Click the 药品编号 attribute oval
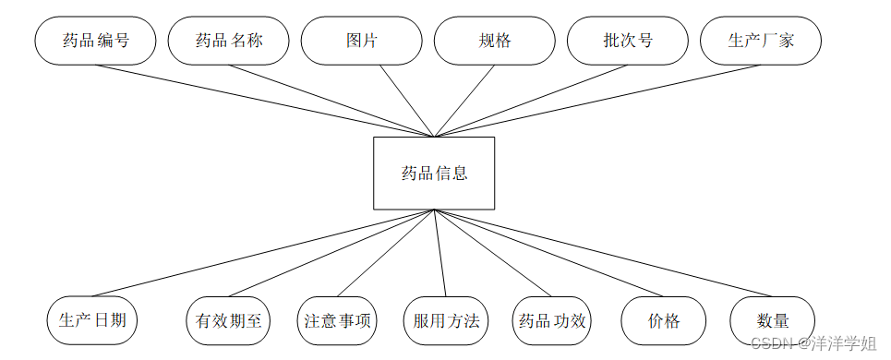pyautogui.click(x=95, y=41)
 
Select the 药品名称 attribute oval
pyautogui.click(x=228, y=41)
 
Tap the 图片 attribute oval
pyautogui.click(x=362, y=41)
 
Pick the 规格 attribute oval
pyautogui.click(x=495, y=41)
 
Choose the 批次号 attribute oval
pyautogui.click(x=628, y=41)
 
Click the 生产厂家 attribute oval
pyautogui.click(x=761, y=41)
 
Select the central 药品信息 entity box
pyautogui.click(x=433, y=173)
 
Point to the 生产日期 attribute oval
pyautogui.click(x=92, y=320)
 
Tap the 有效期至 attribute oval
pyautogui.click(x=229, y=320)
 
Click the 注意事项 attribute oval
pyautogui.click(x=338, y=320)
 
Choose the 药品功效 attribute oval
pyautogui.click(x=552, y=320)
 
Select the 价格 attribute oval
pyautogui.click(x=664, y=320)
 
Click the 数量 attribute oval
pyautogui.click(x=773, y=320)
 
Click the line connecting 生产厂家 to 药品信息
pyautogui.click(x=596, y=101)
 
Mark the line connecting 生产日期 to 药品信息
pyautogui.click(x=263, y=253)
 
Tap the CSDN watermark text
pyautogui.click(x=813, y=343)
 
